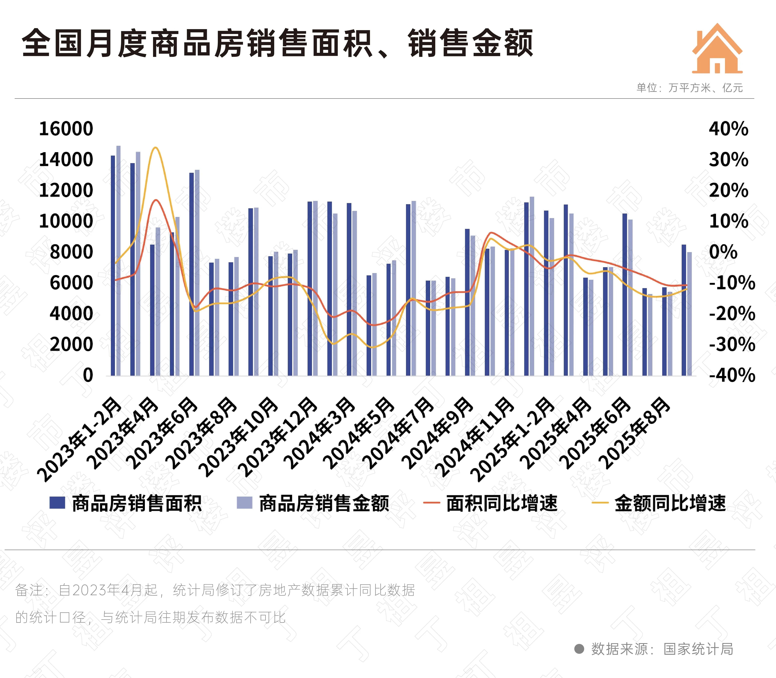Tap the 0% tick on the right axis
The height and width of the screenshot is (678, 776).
pyautogui.click(x=723, y=252)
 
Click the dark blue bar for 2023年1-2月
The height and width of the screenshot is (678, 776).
pyautogui.click(x=113, y=265)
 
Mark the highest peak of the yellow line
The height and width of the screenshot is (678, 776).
pyautogui.click(x=155, y=148)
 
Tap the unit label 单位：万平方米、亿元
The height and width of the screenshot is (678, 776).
pyautogui.click(x=689, y=88)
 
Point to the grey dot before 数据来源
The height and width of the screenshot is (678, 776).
pyautogui.click(x=579, y=649)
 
